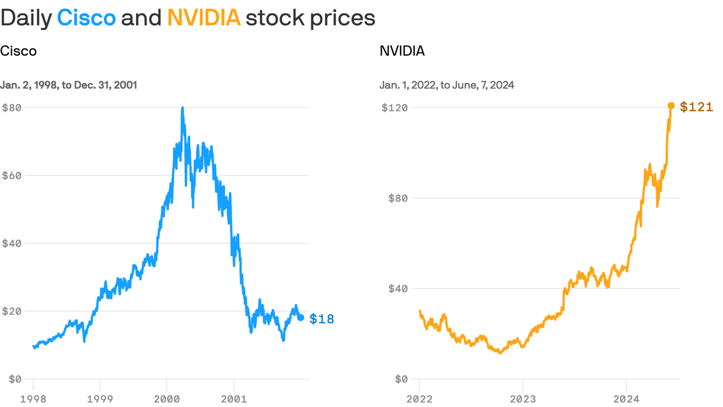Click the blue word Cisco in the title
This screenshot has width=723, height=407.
tap(86, 18)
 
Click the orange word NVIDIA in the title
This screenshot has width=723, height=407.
tap(204, 18)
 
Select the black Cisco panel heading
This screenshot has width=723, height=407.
tap(19, 51)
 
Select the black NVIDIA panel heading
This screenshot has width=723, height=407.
tap(402, 51)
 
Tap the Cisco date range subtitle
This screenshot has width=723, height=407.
tap(69, 85)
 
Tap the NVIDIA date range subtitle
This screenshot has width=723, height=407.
tap(447, 85)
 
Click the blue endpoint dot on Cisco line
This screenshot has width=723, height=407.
tap(301, 317)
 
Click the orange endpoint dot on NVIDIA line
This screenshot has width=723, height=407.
tap(671, 105)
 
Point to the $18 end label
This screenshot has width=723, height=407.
tap(322, 318)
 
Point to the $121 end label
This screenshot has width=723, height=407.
tap(697, 107)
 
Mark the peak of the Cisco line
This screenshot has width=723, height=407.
tap(183, 108)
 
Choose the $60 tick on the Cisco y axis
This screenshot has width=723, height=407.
tap(12, 175)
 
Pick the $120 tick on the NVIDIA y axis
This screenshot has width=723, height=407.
tap(395, 108)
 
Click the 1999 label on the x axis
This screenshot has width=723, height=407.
tap(100, 399)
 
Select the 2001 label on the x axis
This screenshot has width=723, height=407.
tap(234, 399)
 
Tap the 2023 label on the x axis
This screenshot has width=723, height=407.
tap(522, 399)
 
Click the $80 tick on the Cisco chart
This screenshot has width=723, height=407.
tap(12, 108)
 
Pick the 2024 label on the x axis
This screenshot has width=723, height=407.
tap(626, 399)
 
